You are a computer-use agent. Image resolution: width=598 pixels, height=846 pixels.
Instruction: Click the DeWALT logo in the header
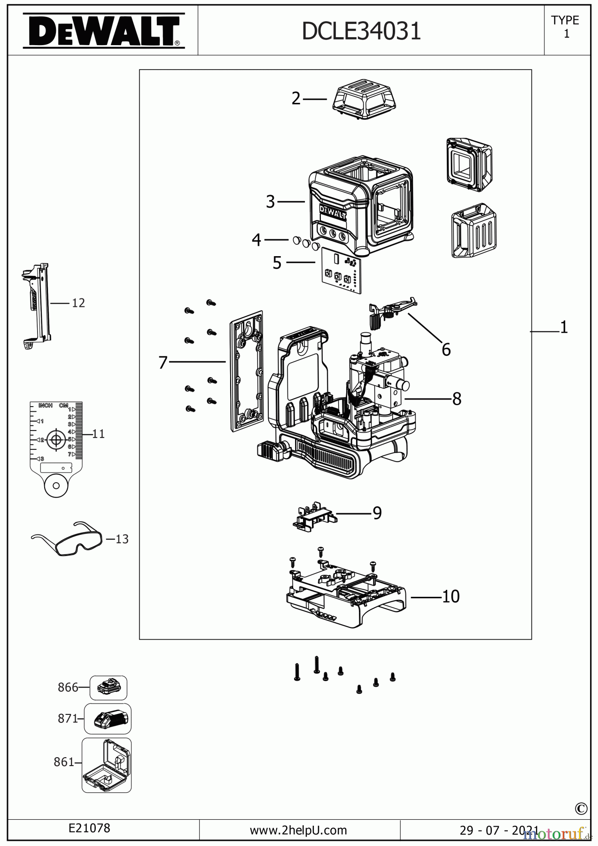pyautogui.click(x=104, y=31)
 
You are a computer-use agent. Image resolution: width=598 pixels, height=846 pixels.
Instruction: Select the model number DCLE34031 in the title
pyautogui.click(x=361, y=31)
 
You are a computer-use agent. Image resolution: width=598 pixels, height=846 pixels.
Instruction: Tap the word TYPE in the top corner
pyautogui.click(x=565, y=20)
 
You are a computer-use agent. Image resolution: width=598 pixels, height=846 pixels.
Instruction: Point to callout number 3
pyautogui.click(x=270, y=202)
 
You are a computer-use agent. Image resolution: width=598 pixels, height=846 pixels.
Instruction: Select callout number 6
pyautogui.click(x=446, y=349)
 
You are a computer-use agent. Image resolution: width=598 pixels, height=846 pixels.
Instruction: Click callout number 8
pyautogui.click(x=457, y=399)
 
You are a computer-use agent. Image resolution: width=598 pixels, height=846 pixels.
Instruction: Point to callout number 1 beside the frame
pyautogui.click(x=564, y=327)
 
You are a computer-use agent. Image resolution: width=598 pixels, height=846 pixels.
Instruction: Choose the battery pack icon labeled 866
pyautogui.click(x=109, y=688)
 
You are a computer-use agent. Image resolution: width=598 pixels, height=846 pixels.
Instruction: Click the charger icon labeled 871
pyautogui.click(x=108, y=719)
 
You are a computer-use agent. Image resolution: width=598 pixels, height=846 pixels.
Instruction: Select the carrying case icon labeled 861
pyautogui.click(x=107, y=765)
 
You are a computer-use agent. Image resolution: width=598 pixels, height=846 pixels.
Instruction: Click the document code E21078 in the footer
pyautogui.click(x=89, y=828)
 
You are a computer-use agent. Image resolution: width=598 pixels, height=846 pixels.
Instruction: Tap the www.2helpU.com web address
pyautogui.click(x=298, y=830)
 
